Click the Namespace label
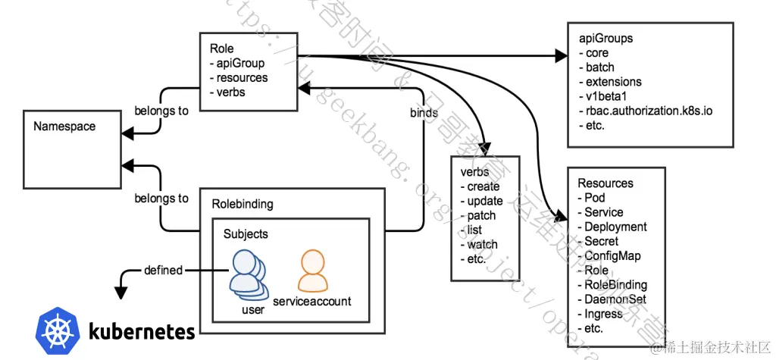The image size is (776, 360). coord(64,127)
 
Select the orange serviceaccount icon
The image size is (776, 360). coord(312,271)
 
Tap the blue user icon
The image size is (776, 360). coord(249,274)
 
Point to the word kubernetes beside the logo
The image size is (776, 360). coord(142,331)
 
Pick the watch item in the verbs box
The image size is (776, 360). coord(481,244)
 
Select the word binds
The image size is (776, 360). coord(423,113)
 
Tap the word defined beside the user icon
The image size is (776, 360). coord(163,270)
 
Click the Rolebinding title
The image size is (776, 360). coord(242,204)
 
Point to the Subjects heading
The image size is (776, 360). coord(246,234)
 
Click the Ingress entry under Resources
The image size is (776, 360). coord(603,314)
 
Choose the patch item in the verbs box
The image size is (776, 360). coord(480,215)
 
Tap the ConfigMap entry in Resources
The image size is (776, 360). coord(612,256)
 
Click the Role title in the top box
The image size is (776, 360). coord(222,49)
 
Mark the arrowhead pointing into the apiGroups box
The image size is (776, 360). coord(562,55)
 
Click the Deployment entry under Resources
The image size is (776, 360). coord(615,227)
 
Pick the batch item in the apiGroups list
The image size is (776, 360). coord(599,67)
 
